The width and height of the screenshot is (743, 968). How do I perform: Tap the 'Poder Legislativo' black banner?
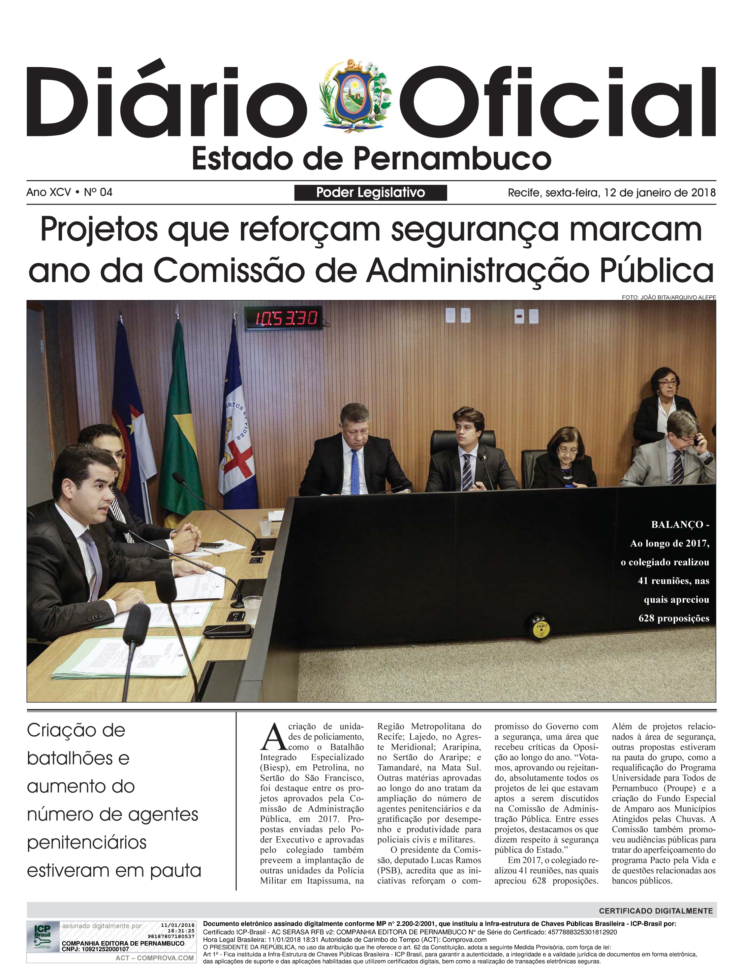370,193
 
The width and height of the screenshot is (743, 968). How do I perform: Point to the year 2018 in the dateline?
703,193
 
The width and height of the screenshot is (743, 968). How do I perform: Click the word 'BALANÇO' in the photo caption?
677,525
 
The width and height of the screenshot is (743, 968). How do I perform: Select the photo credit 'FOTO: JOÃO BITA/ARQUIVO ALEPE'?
668,297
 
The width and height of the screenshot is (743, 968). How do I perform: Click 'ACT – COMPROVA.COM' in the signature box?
154,958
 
